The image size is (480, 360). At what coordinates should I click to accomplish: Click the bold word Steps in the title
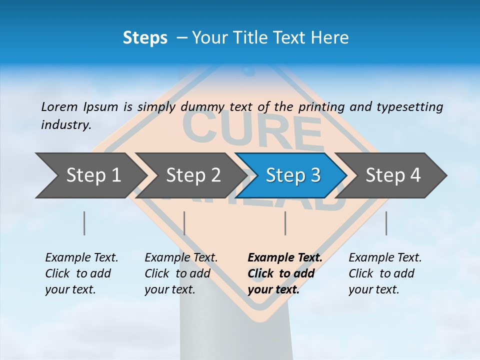145,38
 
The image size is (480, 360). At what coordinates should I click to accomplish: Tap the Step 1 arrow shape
90,175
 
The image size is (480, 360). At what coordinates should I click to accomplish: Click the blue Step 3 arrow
292,175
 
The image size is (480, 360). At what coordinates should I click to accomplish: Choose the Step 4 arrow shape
393,175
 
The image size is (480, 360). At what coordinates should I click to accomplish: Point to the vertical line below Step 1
84,223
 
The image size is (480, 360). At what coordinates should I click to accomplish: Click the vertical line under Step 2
184,223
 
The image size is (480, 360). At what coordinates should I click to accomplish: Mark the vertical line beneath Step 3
285,223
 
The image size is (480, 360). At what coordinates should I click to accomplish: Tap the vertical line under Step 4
386,223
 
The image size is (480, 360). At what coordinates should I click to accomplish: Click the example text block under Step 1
81,273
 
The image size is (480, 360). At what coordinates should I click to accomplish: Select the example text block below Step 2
181,273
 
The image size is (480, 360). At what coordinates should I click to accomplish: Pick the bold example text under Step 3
285,273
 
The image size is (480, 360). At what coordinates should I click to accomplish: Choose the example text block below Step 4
385,273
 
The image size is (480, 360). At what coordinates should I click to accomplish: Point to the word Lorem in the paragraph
59,106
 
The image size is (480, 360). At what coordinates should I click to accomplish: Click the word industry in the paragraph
65,125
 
